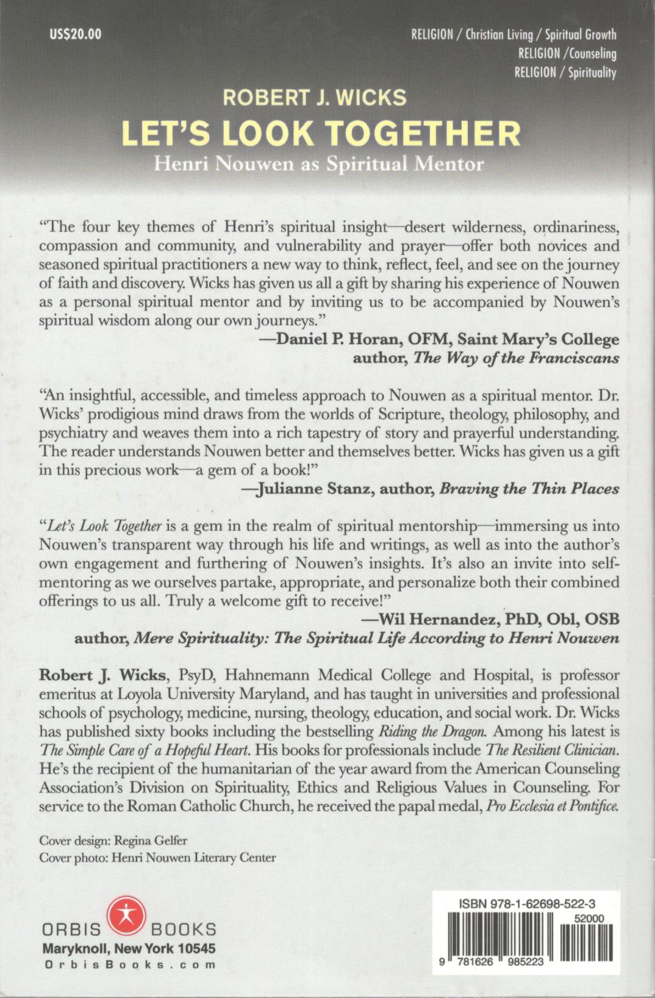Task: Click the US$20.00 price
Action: pos(75,34)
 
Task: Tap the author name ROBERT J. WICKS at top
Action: pos(314,98)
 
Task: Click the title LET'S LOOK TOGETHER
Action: pos(321,134)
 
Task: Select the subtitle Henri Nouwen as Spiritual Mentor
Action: pos(318,164)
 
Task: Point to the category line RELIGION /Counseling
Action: pos(567,54)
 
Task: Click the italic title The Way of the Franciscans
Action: pos(516,358)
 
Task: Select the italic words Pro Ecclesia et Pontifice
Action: pos(552,806)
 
